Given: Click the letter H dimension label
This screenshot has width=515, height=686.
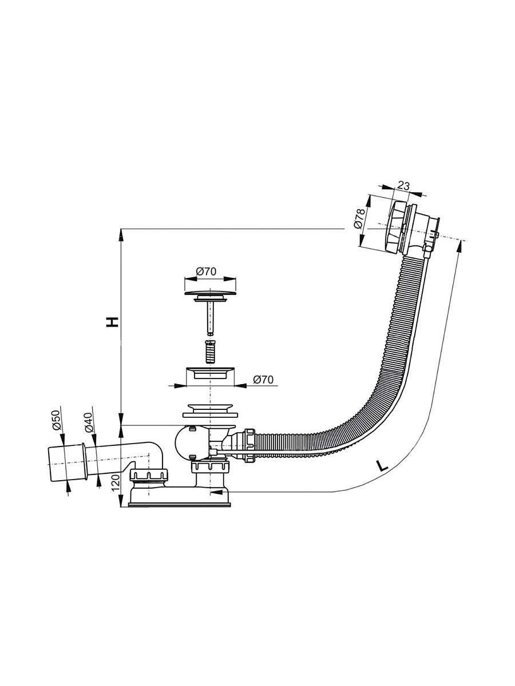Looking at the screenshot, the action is [113, 322].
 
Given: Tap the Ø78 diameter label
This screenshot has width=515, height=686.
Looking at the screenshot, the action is [359, 218].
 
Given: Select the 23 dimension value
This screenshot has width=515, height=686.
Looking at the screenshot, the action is [403, 186].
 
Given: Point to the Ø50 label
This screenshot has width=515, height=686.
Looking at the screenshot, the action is [56, 420].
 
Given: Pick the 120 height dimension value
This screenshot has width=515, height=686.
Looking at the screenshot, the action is [116, 484].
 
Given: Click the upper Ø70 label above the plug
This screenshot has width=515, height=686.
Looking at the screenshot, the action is [206, 272].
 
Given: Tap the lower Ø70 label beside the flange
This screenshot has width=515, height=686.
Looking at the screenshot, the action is [263, 380].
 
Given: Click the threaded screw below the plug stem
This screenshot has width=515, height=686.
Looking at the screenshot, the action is [211, 352].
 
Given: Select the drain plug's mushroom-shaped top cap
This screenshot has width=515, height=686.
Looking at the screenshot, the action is [210, 293].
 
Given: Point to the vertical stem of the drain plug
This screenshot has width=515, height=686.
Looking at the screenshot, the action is [211, 317].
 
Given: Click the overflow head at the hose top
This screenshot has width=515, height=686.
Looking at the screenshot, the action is [413, 228].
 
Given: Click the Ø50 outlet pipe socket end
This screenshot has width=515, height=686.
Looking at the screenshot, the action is [67, 464].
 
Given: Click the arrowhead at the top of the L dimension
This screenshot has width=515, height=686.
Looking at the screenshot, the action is [459, 246].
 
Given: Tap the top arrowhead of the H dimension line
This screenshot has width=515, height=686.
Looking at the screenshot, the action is [121, 235].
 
